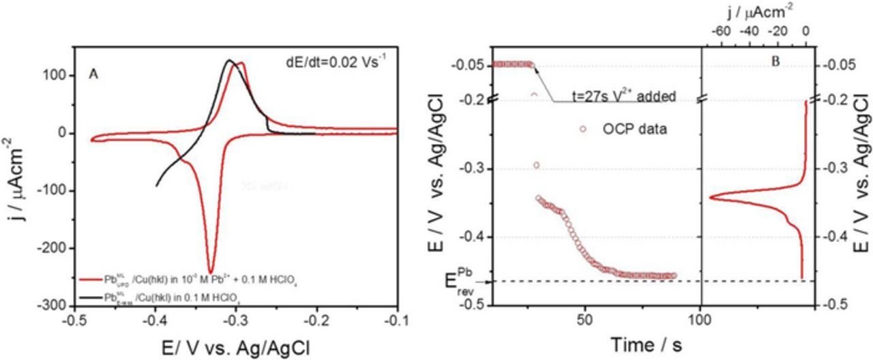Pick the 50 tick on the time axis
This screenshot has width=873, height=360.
coord(584,319)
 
